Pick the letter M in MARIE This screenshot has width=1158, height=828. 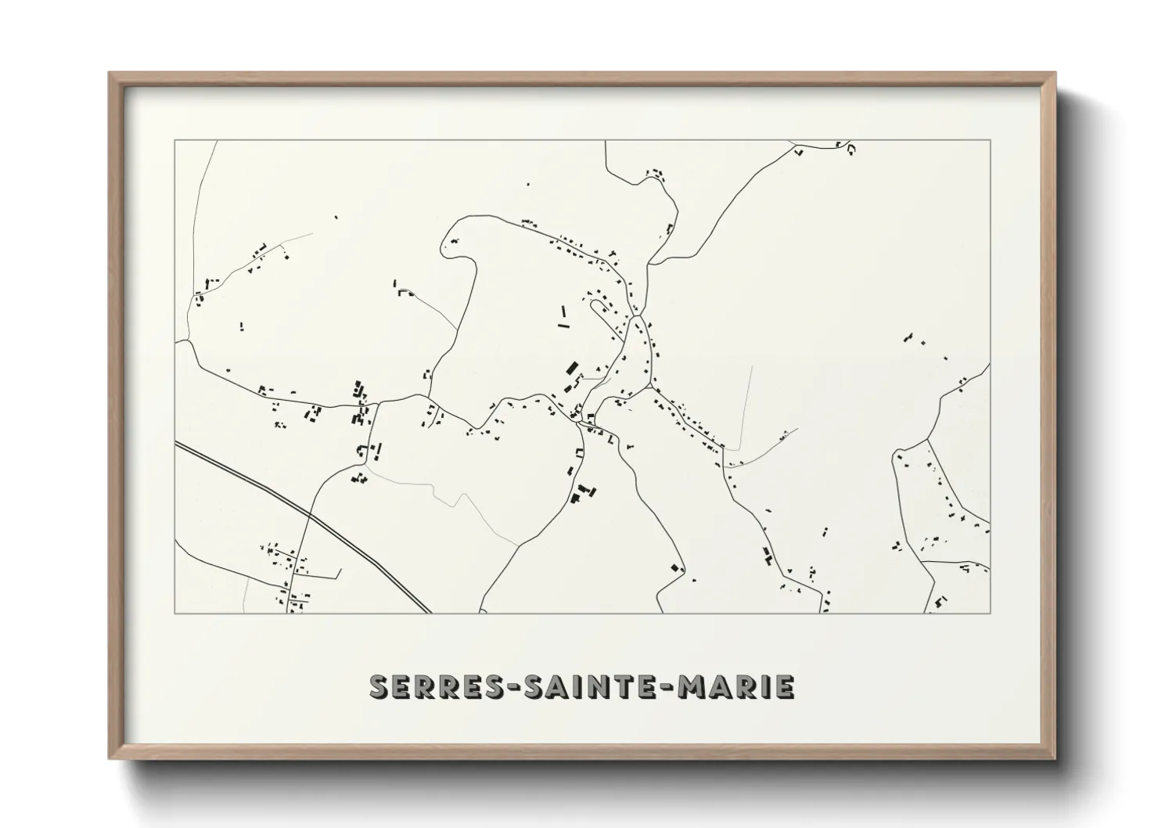pos(692,687)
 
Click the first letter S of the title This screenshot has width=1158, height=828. pos(379,687)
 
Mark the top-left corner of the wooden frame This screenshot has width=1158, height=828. pos(110,74)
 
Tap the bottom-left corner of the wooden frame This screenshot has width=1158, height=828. pos(110,758)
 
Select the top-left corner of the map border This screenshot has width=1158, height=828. pos(174,141)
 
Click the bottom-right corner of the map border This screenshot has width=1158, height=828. pos(990,613)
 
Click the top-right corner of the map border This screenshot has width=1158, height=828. pos(990,141)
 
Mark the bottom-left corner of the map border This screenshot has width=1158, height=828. pos(174,613)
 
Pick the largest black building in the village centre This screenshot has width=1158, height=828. pos(572,367)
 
